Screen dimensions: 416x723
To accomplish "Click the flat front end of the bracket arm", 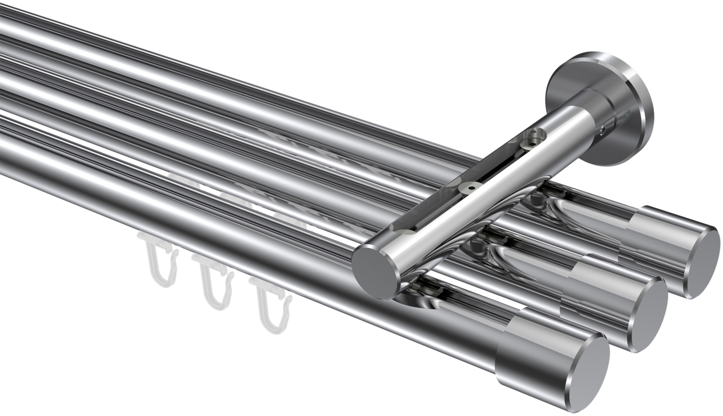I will (x=374, y=273).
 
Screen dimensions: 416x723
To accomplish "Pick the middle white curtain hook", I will (x=212, y=287).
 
